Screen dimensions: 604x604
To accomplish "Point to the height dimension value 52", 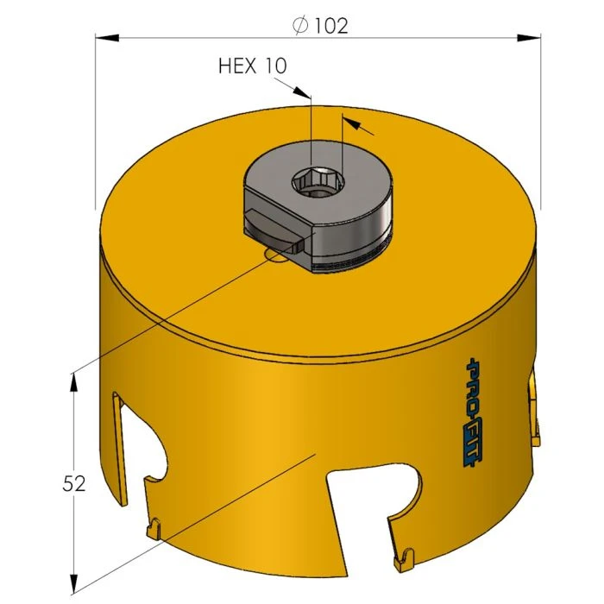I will tap(74, 484).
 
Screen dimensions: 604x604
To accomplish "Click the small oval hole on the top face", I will tap(277, 255).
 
